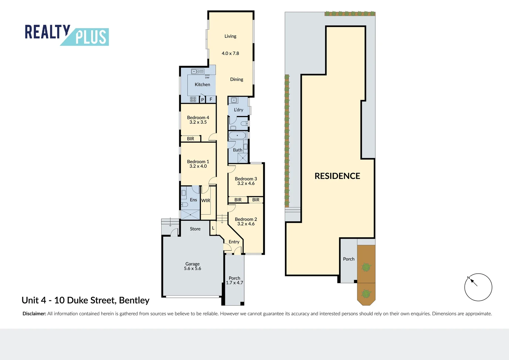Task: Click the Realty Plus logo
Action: pos(67,35)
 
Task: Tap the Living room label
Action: pos(230,36)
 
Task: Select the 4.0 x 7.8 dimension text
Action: pos(230,53)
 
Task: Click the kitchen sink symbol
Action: pos(198,71)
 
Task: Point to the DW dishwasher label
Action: pos(207,78)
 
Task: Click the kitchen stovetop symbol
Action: pos(193,99)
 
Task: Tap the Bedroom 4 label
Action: pos(198,117)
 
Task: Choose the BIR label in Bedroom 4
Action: pos(191,139)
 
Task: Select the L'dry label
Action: pos(239,110)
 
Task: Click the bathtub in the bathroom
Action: pos(237,135)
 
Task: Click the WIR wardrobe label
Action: pos(206,201)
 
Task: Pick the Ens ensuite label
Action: pos(193,200)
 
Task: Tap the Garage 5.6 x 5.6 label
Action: pos(193,266)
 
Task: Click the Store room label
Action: pos(195,229)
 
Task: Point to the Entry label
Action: pos(234,242)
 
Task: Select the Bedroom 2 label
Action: pos(246,219)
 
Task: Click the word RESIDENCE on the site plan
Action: pos(337,176)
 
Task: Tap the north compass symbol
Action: pos(478,287)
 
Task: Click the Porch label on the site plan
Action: pos(348,259)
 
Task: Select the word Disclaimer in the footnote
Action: pos(34,314)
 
